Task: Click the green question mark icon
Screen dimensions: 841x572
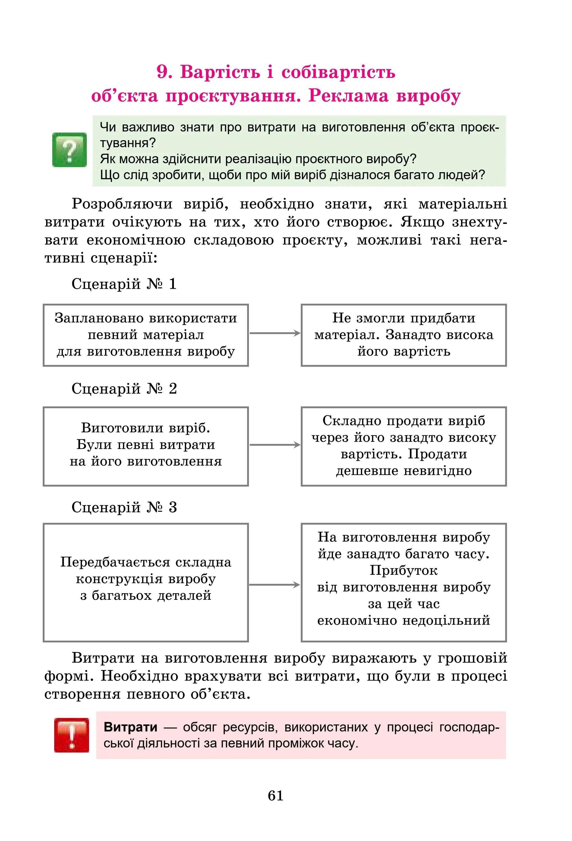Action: (69, 149)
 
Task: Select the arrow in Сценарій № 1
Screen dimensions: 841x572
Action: (275, 333)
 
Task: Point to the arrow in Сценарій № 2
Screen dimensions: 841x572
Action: (275, 445)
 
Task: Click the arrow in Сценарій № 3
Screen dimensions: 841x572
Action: (275, 585)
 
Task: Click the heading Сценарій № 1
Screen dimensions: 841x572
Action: (124, 284)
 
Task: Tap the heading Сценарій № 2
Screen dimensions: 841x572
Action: (124, 389)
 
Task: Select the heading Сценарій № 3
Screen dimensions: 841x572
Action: (124, 507)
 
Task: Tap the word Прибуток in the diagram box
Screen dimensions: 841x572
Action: (403, 571)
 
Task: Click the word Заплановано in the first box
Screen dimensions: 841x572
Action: (101, 318)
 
